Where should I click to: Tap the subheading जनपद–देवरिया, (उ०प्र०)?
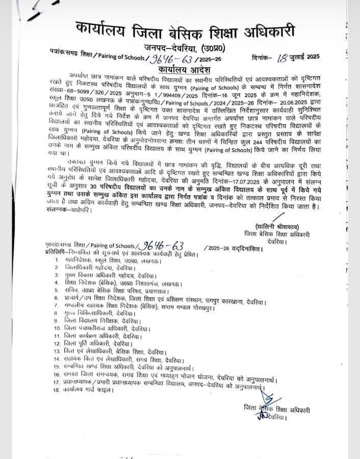(x=187, y=48)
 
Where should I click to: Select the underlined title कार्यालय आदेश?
(x=181, y=69)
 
